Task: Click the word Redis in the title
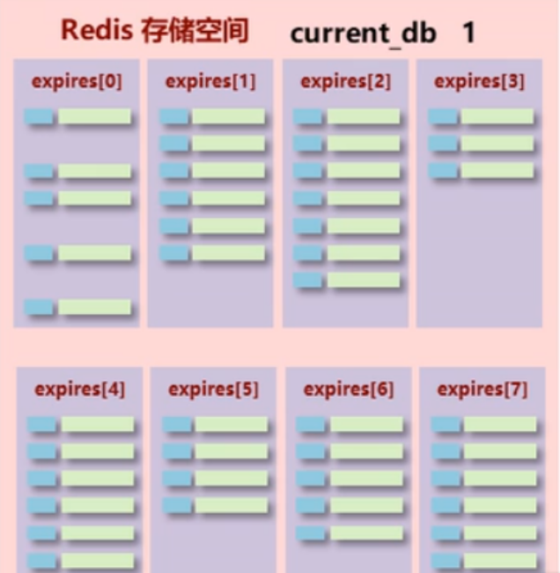(x=97, y=31)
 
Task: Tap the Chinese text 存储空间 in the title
(x=195, y=31)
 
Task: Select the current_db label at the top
(x=363, y=33)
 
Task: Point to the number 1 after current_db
(x=468, y=33)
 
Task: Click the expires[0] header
(x=77, y=82)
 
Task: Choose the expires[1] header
(x=210, y=82)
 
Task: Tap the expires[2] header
(x=345, y=82)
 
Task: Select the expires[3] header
(x=480, y=82)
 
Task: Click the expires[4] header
(x=80, y=389)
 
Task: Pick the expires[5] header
(x=213, y=389)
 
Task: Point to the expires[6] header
(x=349, y=389)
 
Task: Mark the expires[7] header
(x=483, y=389)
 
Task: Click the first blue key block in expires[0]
(x=39, y=116)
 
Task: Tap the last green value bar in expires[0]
(x=94, y=307)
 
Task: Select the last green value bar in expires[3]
(x=497, y=171)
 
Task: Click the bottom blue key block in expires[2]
(x=308, y=280)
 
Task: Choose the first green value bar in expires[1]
(x=228, y=116)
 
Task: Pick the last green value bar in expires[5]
(x=231, y=505)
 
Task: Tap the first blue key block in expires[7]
(x=446, y=424)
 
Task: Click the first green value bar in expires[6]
(x=366, y=424)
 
